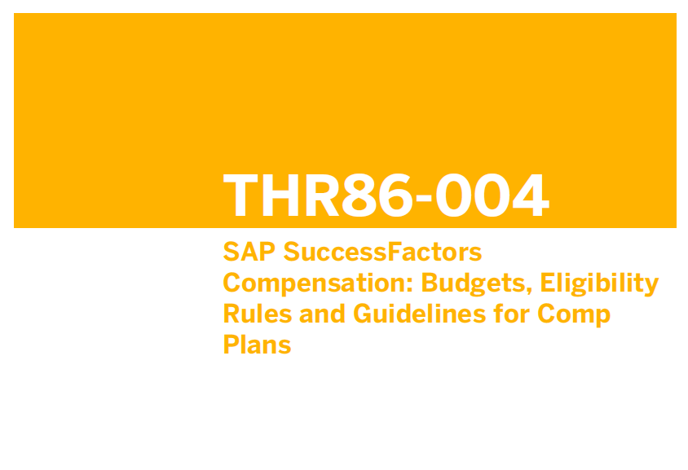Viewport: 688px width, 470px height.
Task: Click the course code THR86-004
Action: pos(386,195)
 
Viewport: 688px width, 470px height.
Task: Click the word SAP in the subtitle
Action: pos(249,252)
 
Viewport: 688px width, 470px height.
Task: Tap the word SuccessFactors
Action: pos(382,252)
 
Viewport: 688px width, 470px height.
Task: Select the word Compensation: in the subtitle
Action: pos(318,284)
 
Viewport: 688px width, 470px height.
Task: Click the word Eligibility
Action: pos(599,284)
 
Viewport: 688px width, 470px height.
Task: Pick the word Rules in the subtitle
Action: pos(257,314)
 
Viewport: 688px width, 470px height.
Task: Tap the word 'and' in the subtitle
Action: pos(322,314)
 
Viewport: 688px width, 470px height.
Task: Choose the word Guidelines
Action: pos(420,314)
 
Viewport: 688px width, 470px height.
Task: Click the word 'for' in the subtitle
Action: pos(511,314)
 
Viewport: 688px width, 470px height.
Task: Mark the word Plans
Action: pos(257,345)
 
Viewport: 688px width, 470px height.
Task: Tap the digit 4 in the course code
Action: pos(531,195)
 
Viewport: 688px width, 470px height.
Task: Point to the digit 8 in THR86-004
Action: pos(359,195)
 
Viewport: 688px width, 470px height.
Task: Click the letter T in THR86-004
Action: pos(240,195)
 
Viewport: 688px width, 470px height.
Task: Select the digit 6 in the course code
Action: pos(395,195)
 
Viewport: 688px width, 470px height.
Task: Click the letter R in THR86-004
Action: pos(321,195)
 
